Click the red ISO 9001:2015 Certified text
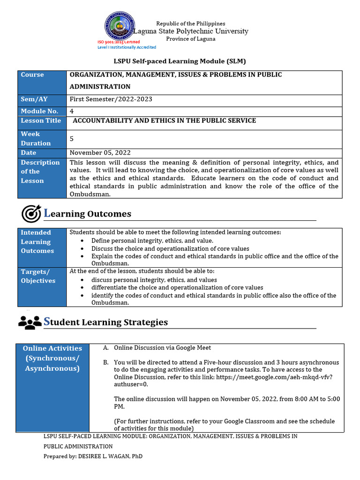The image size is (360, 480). [119, 42]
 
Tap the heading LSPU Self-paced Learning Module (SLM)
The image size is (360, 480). [180, 61]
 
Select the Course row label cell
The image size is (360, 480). [42, 82]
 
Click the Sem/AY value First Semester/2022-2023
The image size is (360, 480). [111, 99]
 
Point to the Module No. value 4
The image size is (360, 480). [72, 111]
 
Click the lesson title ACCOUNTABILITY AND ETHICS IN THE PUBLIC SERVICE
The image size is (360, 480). [164, 121]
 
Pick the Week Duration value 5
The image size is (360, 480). [72, 139]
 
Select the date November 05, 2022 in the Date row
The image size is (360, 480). [100, 153]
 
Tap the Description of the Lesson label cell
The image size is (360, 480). [42, 178]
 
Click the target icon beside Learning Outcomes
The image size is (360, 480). [31, 214]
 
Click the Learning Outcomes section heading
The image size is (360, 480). [88, 214]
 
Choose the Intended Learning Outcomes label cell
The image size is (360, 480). [42, 247]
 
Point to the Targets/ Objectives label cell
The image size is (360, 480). [42, 286]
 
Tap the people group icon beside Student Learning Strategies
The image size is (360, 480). [30, 322]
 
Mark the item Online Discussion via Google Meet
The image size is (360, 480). [162, 348]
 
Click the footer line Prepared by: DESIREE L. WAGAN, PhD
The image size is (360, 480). [93, 456]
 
